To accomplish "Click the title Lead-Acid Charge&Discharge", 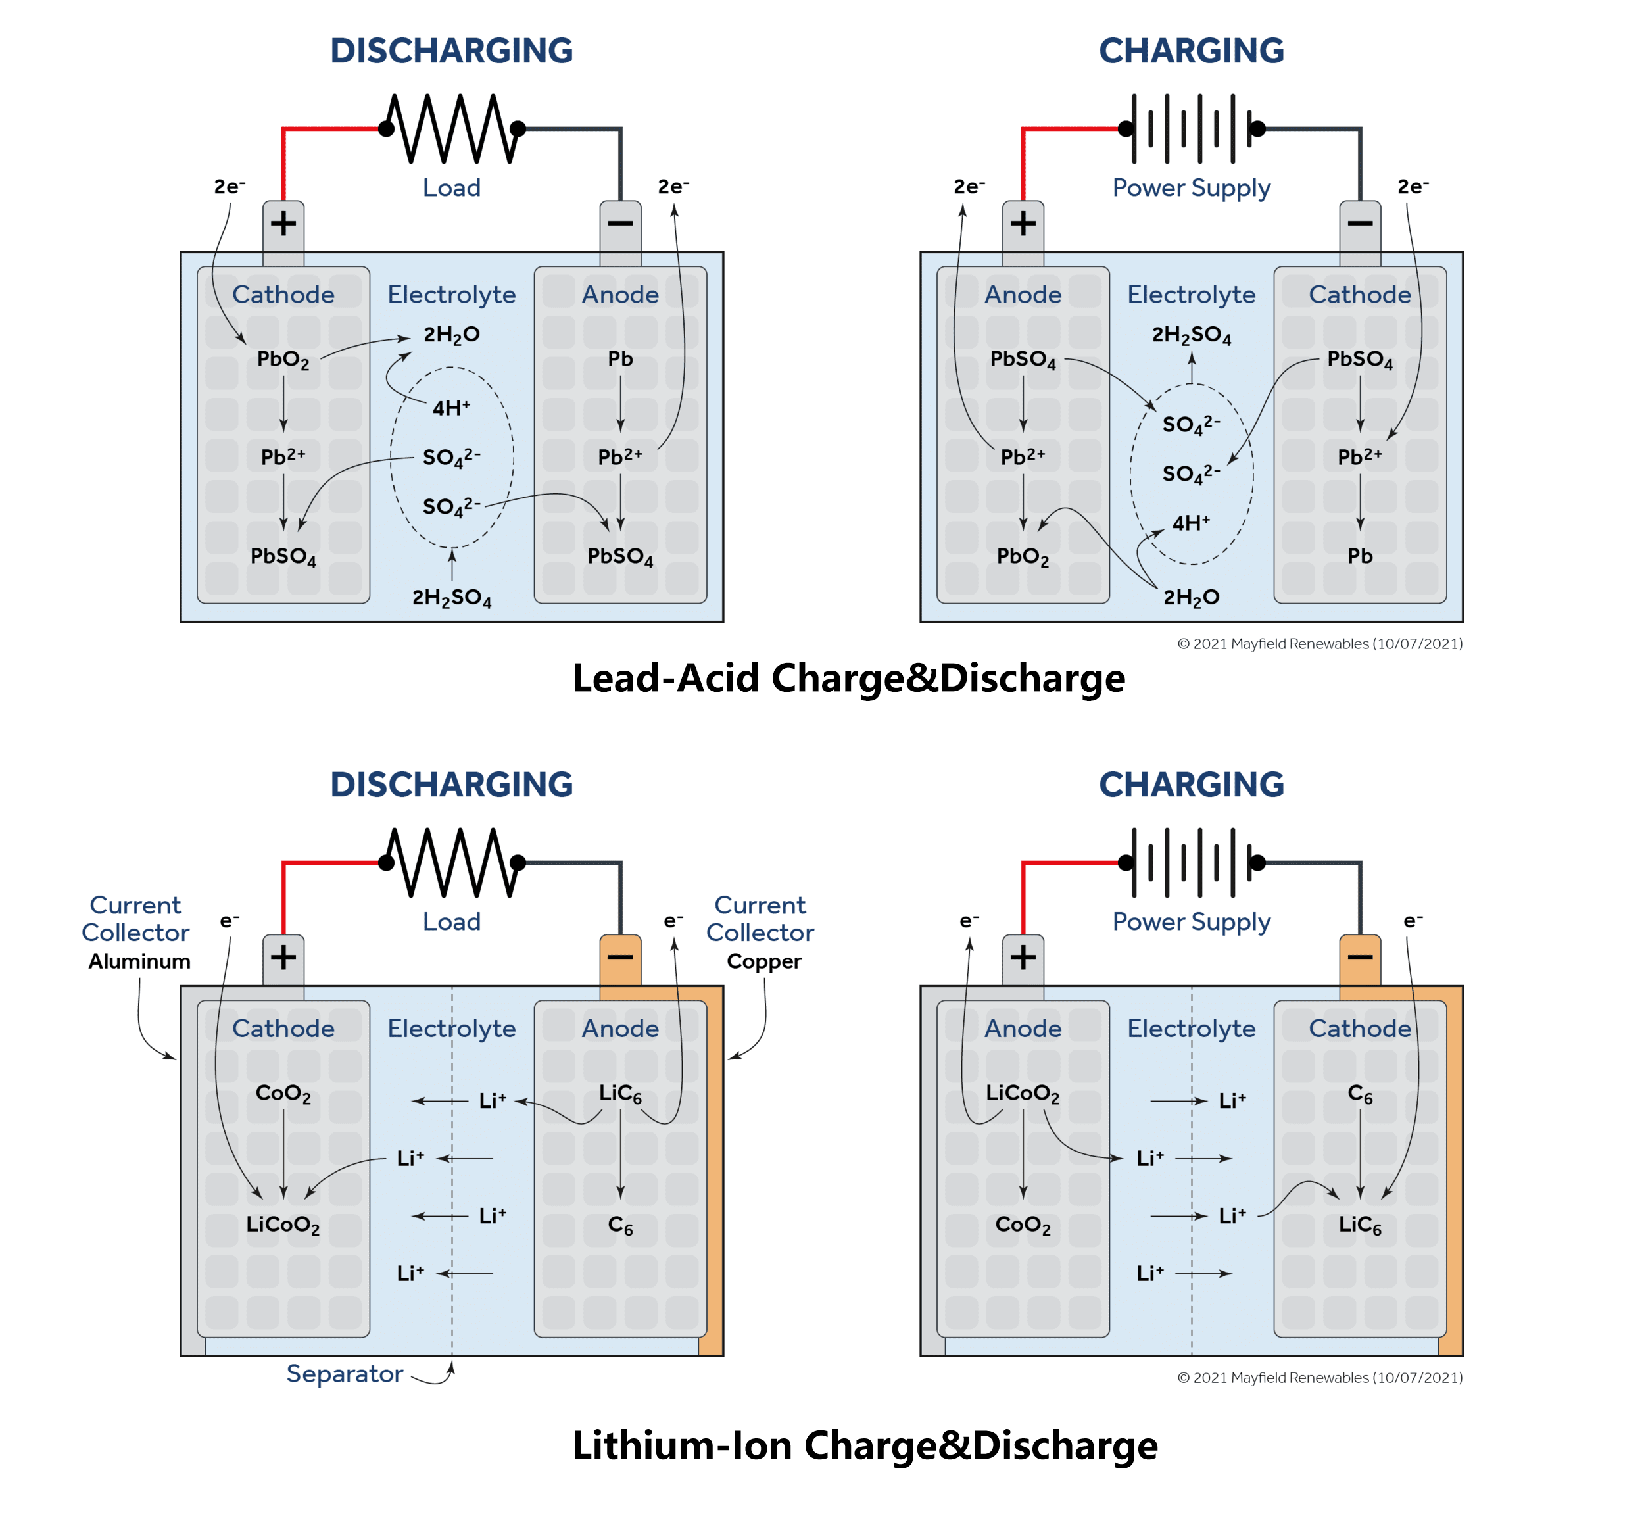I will (848, 678).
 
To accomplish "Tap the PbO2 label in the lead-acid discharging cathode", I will (283, 360).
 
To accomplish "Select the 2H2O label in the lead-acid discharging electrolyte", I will (452, 335).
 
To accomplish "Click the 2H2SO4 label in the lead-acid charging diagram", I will (1191, 335).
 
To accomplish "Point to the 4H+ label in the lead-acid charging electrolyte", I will (1191, 523).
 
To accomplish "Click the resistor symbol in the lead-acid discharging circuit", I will (452, 128).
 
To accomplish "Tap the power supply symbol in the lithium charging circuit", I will (1191, 863).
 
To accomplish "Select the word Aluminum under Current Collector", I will (139, 961).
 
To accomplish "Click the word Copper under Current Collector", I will (763, 961).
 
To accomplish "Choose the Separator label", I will (344, 1374).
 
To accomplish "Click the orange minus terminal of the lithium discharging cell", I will (620, 958).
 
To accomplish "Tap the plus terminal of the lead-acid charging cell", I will (1023, 224).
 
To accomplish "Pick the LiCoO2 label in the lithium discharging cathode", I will (283, 1225).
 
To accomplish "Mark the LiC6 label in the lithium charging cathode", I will (1359, 1225).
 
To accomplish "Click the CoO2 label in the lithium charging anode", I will (1023, 1225).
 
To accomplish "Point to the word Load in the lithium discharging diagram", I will (452, 921).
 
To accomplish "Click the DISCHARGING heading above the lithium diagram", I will (452, 785).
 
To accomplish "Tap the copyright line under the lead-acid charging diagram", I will (1319, 643).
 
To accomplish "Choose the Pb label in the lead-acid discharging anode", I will (620, 359).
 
